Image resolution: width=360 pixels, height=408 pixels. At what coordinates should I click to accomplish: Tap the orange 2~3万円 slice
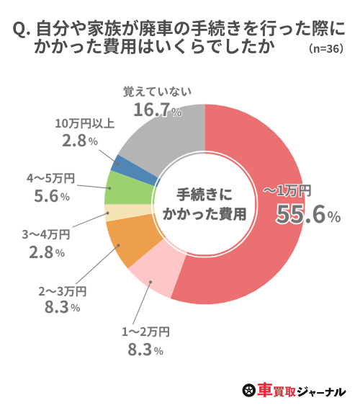click(x=123, y=243)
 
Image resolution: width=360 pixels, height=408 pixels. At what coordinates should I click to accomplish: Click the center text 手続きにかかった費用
click(x=205, y=204)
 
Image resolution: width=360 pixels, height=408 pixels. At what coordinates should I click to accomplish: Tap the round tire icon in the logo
click(x=248, y=391)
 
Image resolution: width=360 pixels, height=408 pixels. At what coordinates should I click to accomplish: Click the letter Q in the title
click(x=20, y=30)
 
